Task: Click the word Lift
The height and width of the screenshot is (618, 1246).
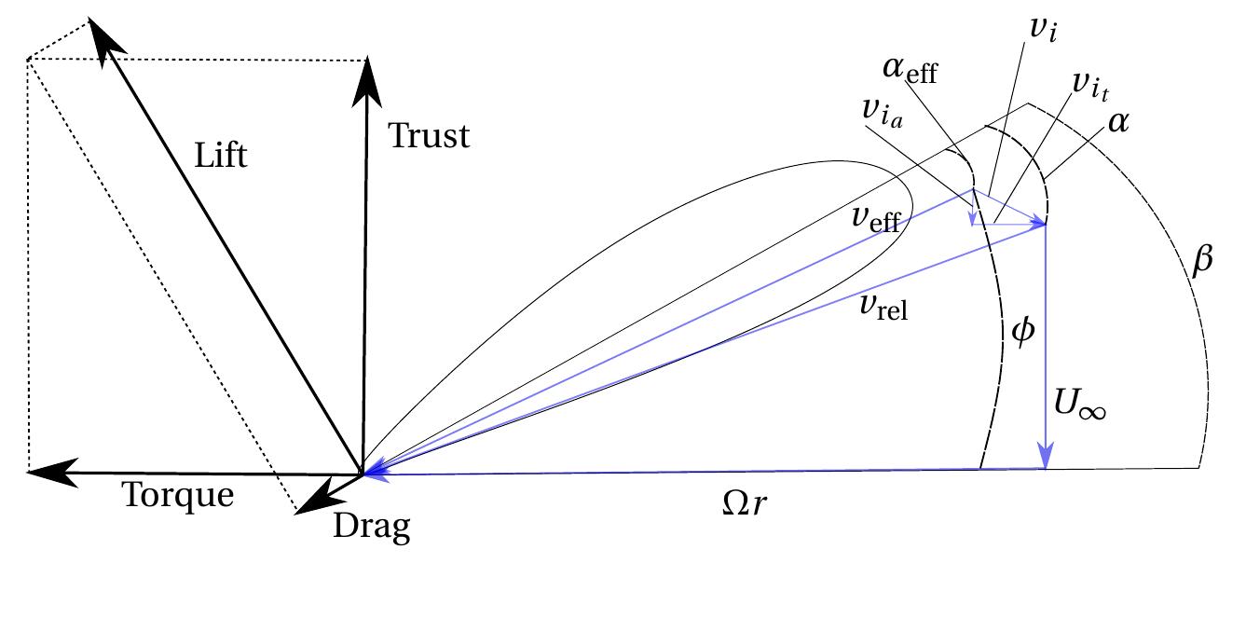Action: [221, 155]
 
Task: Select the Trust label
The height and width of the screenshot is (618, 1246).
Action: [429, 137]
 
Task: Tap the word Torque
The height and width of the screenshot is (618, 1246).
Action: [179, 495]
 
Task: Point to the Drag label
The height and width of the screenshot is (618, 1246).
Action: [372, 529]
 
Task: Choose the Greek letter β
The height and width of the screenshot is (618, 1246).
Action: [1203, 261]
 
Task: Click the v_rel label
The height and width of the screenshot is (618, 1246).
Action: [884, 309]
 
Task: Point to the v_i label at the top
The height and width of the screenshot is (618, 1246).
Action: [1042, 29]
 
